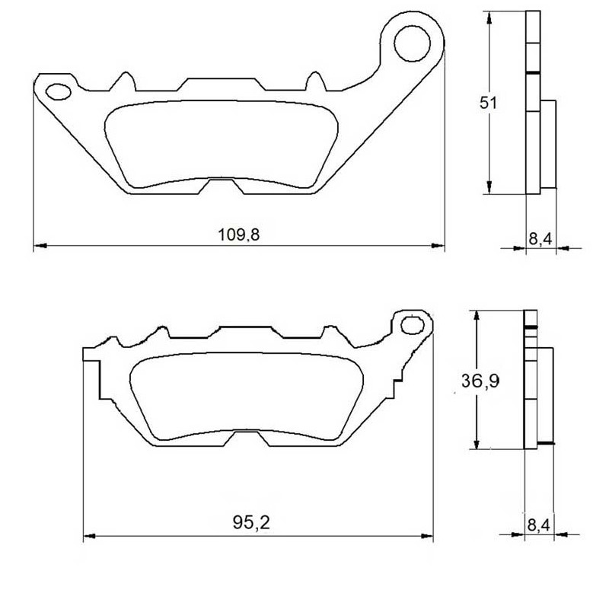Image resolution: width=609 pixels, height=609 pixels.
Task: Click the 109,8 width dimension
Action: coord(238,235)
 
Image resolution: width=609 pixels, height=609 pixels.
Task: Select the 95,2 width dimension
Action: coord(251,522)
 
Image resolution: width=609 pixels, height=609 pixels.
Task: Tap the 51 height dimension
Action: coord(488,103)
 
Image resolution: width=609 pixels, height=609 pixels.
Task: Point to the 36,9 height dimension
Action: coord(480,381)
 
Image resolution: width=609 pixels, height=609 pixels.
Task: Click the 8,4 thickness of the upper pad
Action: coord(540,239)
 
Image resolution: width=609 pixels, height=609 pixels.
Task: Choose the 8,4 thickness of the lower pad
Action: coord(539,525)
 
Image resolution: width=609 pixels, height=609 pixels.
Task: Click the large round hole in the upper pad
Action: coord(412,43)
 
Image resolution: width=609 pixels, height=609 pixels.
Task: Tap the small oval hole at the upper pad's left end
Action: coord(59,91)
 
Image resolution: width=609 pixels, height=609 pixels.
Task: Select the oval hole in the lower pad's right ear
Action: coord(412,325)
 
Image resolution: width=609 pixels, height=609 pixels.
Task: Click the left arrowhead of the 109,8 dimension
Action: coord(40,245)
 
